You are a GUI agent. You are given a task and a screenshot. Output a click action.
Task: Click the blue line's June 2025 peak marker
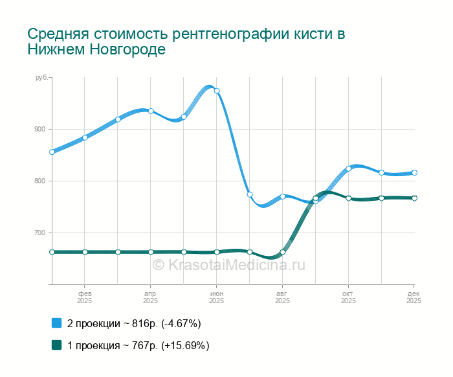217,91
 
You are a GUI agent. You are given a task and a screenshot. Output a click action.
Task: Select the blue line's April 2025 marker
151,111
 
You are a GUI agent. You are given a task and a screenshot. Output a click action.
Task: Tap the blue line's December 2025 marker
414,172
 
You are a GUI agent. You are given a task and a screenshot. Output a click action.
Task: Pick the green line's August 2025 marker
283,252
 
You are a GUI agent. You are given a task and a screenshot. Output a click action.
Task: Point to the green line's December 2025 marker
414,198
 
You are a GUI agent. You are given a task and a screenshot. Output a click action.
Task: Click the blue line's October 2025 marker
348,168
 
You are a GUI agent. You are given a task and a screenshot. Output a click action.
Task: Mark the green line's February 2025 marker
85,252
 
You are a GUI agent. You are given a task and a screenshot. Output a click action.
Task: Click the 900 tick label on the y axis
40,129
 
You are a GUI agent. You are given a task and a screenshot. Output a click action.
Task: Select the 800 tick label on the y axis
40,181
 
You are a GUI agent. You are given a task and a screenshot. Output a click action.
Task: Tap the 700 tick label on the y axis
40,233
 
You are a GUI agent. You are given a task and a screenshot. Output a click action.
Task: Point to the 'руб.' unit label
41,78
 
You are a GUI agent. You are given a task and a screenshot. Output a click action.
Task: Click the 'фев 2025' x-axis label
84,297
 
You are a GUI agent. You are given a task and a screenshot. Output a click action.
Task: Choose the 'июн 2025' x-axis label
216,297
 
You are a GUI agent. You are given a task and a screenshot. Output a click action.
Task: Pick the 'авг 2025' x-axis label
282,297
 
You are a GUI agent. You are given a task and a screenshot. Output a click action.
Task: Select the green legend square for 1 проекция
56,345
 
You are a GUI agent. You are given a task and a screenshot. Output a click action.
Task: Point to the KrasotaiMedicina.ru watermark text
228,265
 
